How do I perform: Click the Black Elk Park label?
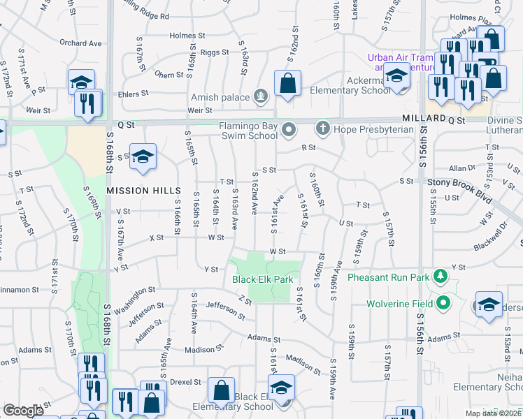[262, 279]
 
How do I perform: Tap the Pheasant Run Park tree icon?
[440, 277]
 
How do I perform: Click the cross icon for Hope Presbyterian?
[322, 128]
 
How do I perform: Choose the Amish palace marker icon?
[261, 95]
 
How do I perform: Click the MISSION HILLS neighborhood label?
[134, 190]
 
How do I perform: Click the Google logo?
[23, 411]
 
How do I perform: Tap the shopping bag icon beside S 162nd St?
[287, 84]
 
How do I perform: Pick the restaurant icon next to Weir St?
[89, 103]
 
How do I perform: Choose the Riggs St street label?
[215, 52]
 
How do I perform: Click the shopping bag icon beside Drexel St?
[221, 391]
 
